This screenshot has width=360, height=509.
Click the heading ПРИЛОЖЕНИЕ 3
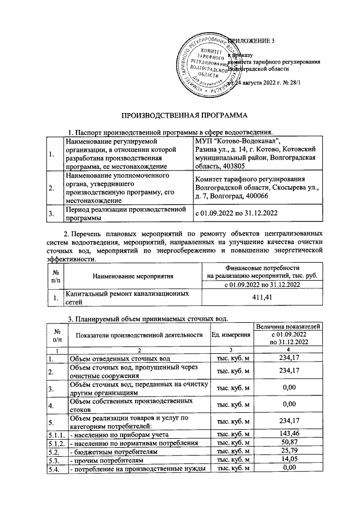(253, 41)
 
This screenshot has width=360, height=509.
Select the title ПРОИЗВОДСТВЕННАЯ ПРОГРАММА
(179, 115)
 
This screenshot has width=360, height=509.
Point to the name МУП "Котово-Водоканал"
(236, 140)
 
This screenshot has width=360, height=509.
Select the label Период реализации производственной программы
(133, 214)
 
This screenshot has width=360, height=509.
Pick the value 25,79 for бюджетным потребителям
(288, 452)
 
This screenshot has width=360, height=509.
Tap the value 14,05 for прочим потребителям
(288, 460)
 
